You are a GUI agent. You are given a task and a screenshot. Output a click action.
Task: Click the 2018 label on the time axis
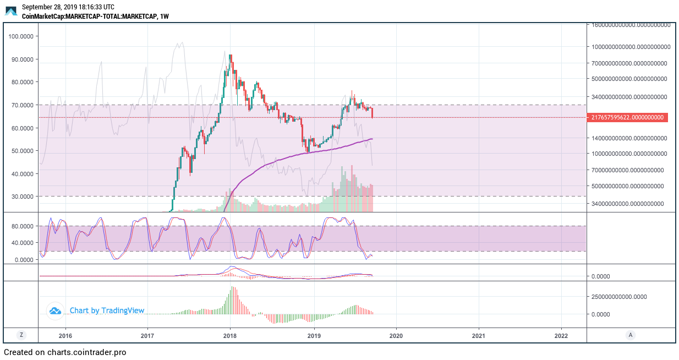pyautogui.click(x=230, y=335)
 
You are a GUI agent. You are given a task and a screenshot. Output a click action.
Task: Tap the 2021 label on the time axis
pyautogui.click(x=479, y=335)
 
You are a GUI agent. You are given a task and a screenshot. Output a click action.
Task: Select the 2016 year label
pyautogui.click(x=65, y=335)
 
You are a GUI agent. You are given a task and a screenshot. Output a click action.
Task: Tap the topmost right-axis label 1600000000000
pyautogui.click(x=631, y=25)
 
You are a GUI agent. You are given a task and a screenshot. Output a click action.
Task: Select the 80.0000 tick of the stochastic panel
pyautogui.click(x=22, y=226)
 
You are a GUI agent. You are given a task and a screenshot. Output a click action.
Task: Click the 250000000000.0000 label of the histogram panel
pyautogui.click(x=620, y=297)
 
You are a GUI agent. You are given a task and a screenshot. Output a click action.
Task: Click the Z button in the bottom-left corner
pyautogui.click(x=21, y=335)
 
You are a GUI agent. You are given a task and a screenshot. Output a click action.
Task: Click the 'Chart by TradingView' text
pyautogui.click(x=107, y=311)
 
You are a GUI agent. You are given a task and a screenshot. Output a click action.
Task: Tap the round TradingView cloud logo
pyautogui.click(x=55, y=311)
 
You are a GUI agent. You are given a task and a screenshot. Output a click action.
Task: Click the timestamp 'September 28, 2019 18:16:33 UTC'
pyautogui.click(x=68, y=7)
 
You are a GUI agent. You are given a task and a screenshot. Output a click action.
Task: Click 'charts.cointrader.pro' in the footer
pyautogui.click(x=86, y=352)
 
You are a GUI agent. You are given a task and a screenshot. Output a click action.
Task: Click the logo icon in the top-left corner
pyautogui.click(x=11, y=11)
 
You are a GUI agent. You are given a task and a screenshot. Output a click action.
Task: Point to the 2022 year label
pyautogui.click(x=561, y=335)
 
